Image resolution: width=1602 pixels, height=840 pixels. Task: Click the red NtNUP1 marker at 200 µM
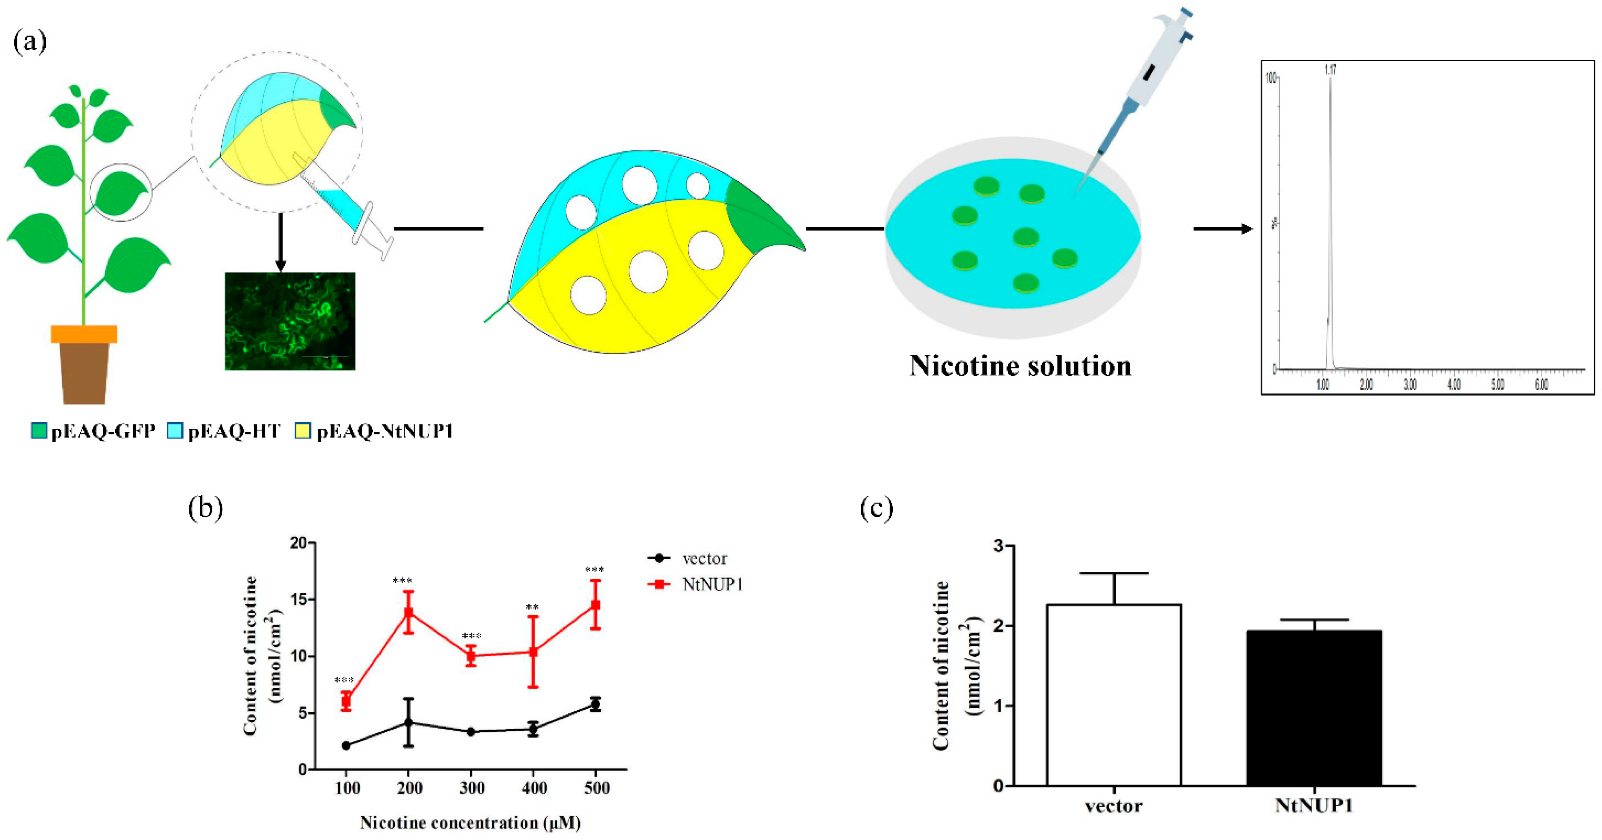(409, 612)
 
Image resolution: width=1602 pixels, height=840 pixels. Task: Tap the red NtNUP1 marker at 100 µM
(346, 701)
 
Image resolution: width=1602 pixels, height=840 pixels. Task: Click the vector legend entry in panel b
(704, 559)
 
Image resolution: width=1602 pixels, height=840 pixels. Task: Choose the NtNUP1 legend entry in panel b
(712, 584)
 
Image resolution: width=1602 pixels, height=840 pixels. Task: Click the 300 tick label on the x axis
(471, 788)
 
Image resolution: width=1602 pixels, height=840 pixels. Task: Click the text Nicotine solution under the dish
(1020, 366)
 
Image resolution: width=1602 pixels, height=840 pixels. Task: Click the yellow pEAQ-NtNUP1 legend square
(302, 431)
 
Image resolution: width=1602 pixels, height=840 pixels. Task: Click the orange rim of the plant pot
(84, 334)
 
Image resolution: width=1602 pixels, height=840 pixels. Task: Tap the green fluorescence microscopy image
(290, 321)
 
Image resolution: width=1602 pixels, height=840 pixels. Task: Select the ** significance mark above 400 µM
(532, 607)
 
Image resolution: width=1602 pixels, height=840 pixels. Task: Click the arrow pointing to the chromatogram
(1222, 229)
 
